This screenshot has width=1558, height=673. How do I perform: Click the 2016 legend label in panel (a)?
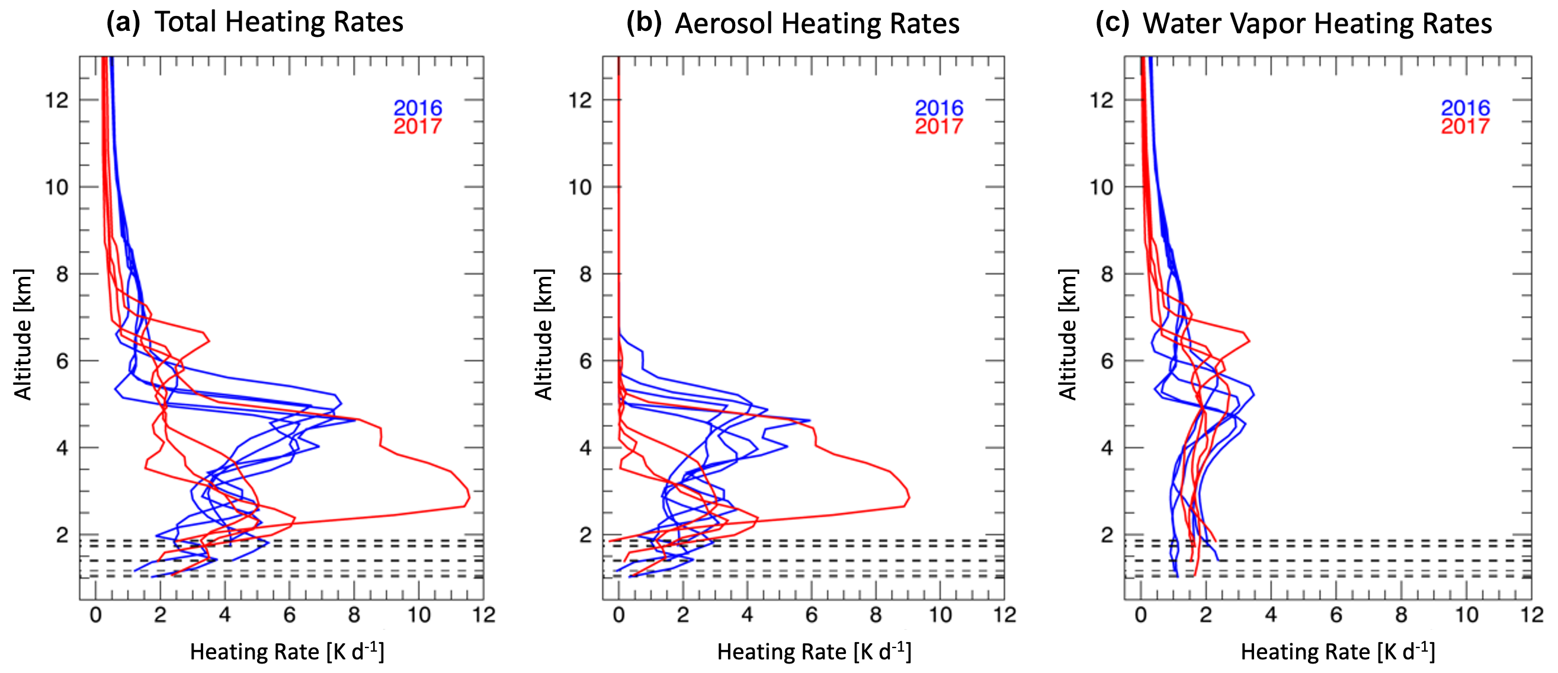[418, 108]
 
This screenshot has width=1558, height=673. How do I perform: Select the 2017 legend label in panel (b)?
[939, 126]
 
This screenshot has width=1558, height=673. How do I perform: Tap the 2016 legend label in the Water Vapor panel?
[1465, 108]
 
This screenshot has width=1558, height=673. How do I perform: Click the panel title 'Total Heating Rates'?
[279, 23]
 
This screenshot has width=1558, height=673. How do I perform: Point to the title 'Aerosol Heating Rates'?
[817, 24]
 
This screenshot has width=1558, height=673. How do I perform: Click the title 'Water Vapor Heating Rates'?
[1317, 24]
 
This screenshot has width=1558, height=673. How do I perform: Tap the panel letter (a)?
[123, 23]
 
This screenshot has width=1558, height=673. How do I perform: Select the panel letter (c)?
[1113, 24]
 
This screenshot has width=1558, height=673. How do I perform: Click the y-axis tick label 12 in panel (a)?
[57, 100]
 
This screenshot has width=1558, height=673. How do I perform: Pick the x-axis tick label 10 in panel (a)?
[419, 615]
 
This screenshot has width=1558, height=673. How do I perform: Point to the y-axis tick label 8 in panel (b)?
[585, 274]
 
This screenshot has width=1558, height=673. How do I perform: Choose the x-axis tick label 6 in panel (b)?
[811, 615]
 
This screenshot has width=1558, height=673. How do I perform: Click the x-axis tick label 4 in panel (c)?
[1271, 615]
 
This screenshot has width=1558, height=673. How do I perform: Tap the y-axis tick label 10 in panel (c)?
[1101, 187]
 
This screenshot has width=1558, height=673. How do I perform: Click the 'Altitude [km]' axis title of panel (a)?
[23, 334]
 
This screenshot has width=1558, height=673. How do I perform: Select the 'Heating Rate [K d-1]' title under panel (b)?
[814, 652]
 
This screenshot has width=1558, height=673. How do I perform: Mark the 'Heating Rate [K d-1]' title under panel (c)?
[1338, 652]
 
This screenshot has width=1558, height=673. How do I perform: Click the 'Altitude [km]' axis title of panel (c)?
[1068, 334]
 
